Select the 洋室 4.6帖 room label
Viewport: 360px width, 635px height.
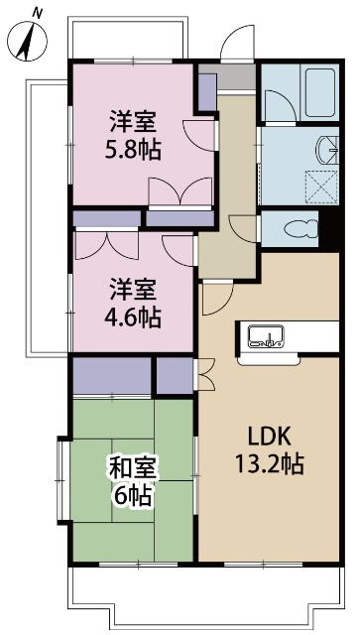coord(134,304)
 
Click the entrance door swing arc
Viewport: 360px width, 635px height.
coord(236,41)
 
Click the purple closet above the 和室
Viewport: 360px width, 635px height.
coord(110,376)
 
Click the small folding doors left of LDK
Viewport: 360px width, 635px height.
coord(205,376)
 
